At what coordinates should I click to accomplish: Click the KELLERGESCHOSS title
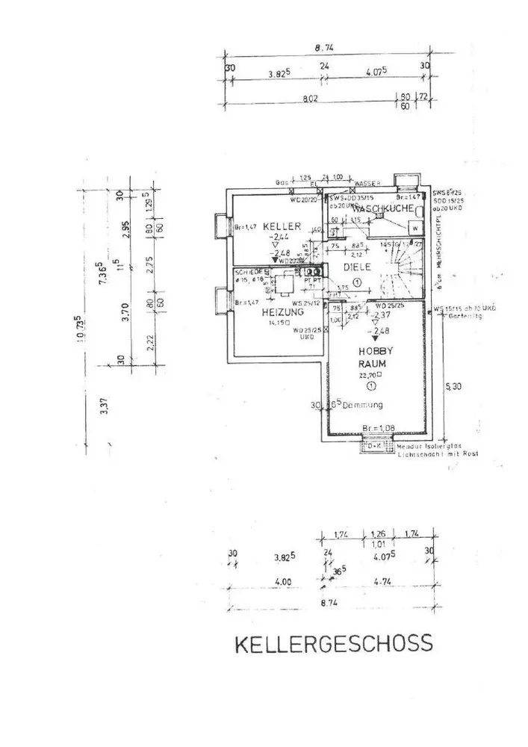334,644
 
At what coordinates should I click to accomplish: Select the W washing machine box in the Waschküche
414,229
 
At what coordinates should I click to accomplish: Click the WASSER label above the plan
368,182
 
